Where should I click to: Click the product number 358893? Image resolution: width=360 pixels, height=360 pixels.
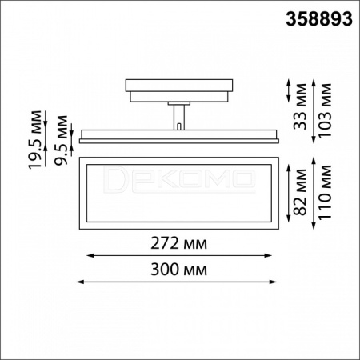coord(319,19)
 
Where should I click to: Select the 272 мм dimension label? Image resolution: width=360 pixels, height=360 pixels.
coord(178,243)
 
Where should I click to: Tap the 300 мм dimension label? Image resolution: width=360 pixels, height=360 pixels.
coord(178,270)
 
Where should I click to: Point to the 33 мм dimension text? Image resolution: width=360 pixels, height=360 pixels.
coord(300,106)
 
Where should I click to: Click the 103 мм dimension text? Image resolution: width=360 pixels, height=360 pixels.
coord(325,110)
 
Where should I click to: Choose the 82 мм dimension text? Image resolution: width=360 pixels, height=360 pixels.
coord(300,192)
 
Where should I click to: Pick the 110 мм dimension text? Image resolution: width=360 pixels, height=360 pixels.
coord(325,192)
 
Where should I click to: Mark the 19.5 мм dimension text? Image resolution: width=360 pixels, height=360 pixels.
coord(35,140)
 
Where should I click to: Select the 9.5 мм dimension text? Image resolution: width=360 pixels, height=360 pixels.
coord(61,140)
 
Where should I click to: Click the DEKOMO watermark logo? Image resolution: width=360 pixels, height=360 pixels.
coord(179,179)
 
